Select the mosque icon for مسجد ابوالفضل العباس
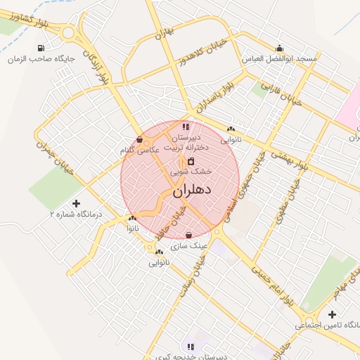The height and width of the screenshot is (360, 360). pos(281,49)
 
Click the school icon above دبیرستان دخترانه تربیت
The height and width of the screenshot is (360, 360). pos(186,127)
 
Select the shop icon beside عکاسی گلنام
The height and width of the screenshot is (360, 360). pos(139,139)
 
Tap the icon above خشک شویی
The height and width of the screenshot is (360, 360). pos(191,161)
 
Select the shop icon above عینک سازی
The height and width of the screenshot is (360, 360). pos(188,236)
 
